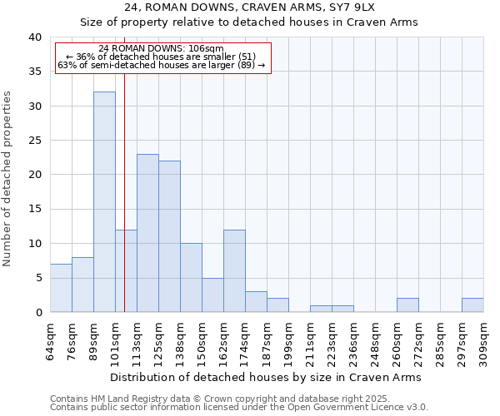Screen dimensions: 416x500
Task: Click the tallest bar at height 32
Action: (104, 202)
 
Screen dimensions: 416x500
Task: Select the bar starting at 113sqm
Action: (147, 233)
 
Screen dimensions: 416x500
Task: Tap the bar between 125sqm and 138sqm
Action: (169, 236)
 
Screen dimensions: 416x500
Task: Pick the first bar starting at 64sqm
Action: (61, 288)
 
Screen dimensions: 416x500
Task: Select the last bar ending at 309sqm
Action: (472, 305)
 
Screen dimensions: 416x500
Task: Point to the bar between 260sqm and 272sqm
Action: (407, 305)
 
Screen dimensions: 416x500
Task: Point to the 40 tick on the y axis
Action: (34, 37)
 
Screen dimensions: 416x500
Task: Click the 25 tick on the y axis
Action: (34, 141)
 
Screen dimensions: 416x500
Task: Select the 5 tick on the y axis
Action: (37, 278)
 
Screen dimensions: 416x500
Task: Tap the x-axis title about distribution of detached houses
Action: (266, 377)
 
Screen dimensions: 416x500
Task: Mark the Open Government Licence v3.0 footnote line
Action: (238, 408)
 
